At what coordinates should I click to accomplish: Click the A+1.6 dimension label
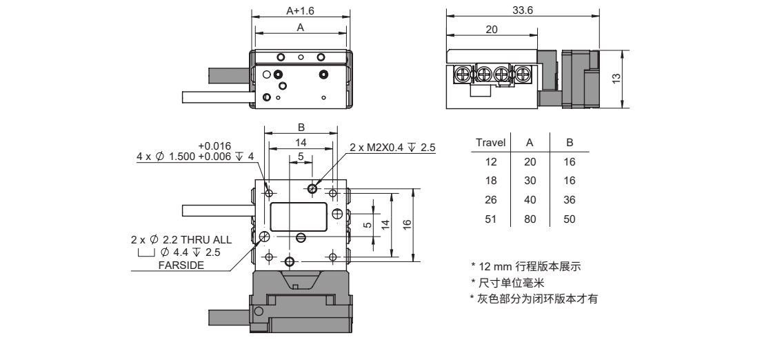click(x=301, y=11)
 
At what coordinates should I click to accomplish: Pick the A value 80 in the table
click(x=530, y=219)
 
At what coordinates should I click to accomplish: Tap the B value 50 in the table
click(x=570, y=219)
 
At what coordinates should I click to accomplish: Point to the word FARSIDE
click(x=179, y=265)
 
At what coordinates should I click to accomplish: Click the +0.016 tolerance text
click(x=214, y=146)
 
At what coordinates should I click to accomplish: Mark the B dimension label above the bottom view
click(x=301, y=127)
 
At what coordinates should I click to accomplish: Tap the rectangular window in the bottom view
click(x=299, y=217)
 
